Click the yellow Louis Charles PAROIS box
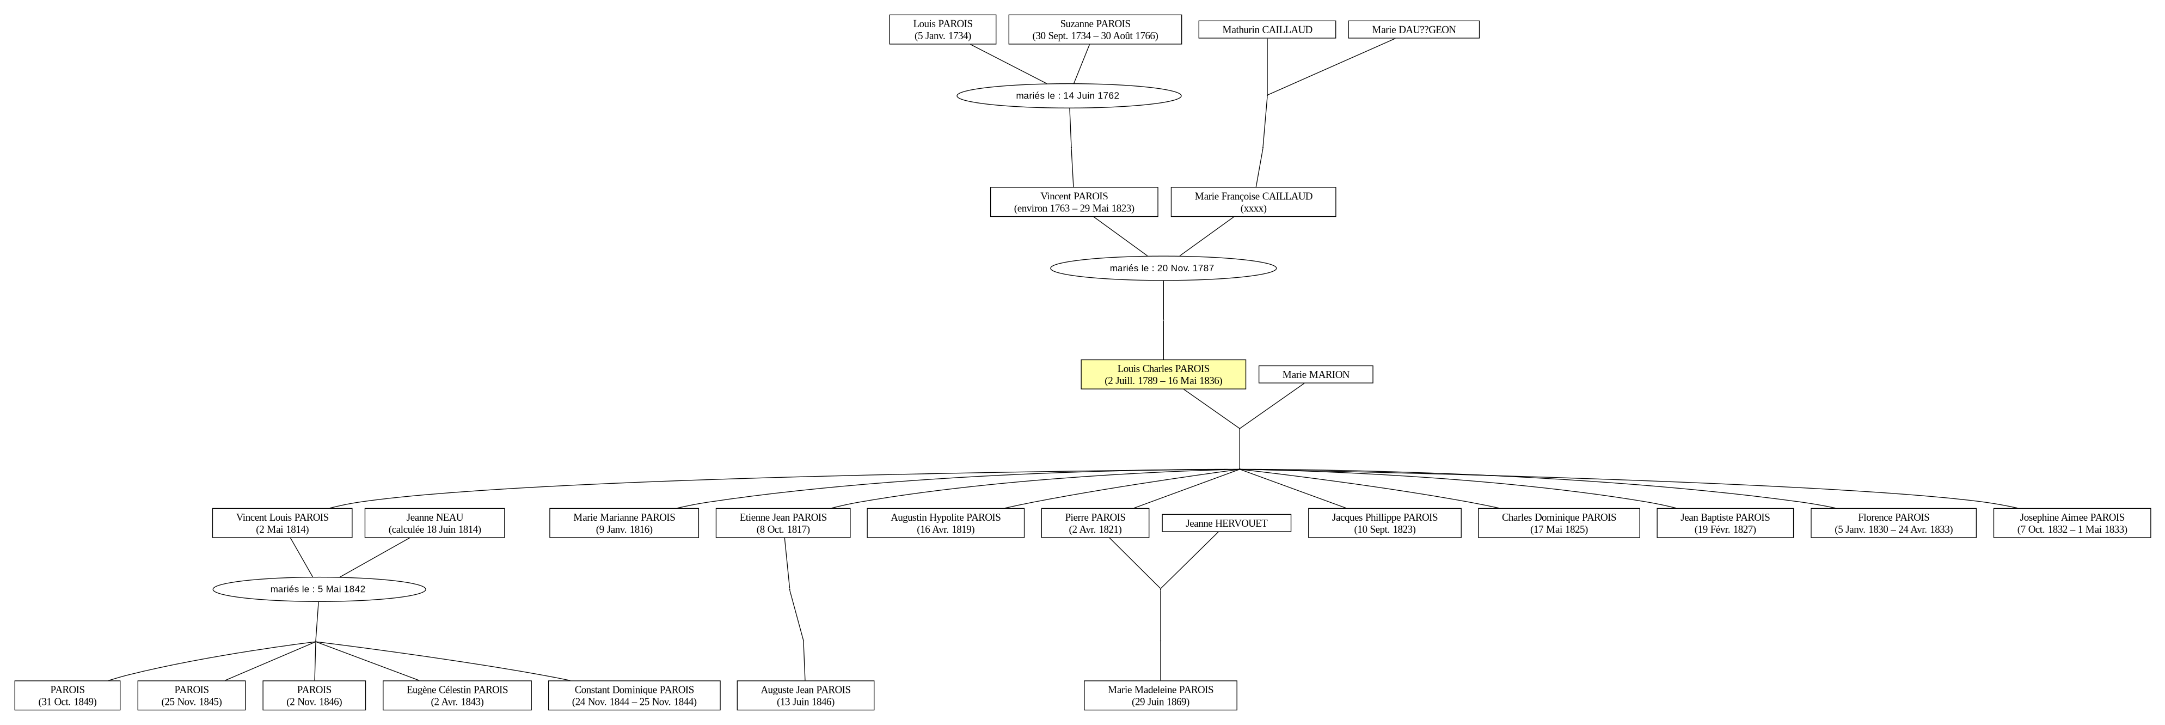[1163, 374]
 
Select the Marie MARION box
[1315, 374]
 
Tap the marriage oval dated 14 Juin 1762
[1068, 96]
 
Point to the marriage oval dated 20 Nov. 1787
[1163, 269]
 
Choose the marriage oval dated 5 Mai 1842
[320, 589]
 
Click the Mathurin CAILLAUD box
[1267, 29]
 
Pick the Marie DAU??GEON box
[1414, 29]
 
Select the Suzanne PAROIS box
[1095, 29]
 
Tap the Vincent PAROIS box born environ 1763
[1074, 202]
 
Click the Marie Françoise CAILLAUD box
[1253, 202]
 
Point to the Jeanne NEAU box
[434, 523]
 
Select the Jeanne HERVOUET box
[1226, 523]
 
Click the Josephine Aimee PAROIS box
[2072, 523]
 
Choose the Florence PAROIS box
[1893, 523]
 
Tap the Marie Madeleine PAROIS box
[1161, 696]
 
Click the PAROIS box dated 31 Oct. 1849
[68, 696]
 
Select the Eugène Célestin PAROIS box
[457, 696]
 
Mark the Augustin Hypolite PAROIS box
[946, 523]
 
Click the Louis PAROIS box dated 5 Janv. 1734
[943, 29]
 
